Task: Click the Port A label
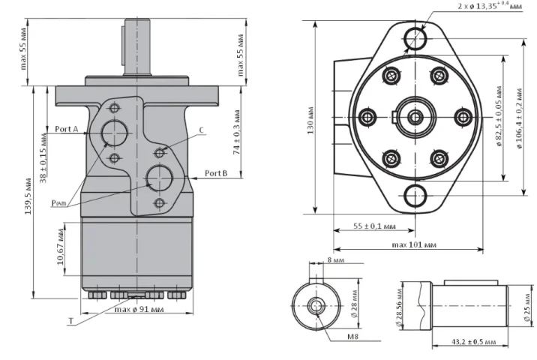(66, 128)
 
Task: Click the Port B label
(216, 173)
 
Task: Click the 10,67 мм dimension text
(61, 249)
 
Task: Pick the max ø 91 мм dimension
(138, 309)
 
